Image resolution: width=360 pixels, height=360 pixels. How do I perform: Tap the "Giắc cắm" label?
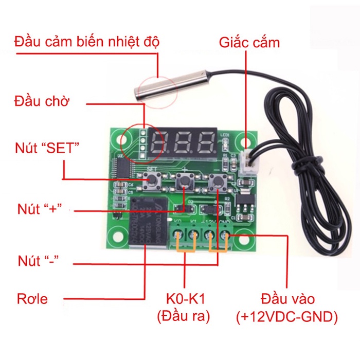click(249, 42)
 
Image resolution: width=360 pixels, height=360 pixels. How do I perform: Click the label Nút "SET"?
click(48, 148)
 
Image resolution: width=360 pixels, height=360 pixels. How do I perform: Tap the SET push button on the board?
click(152, 181)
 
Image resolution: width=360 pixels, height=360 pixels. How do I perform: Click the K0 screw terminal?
click(180, 237)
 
